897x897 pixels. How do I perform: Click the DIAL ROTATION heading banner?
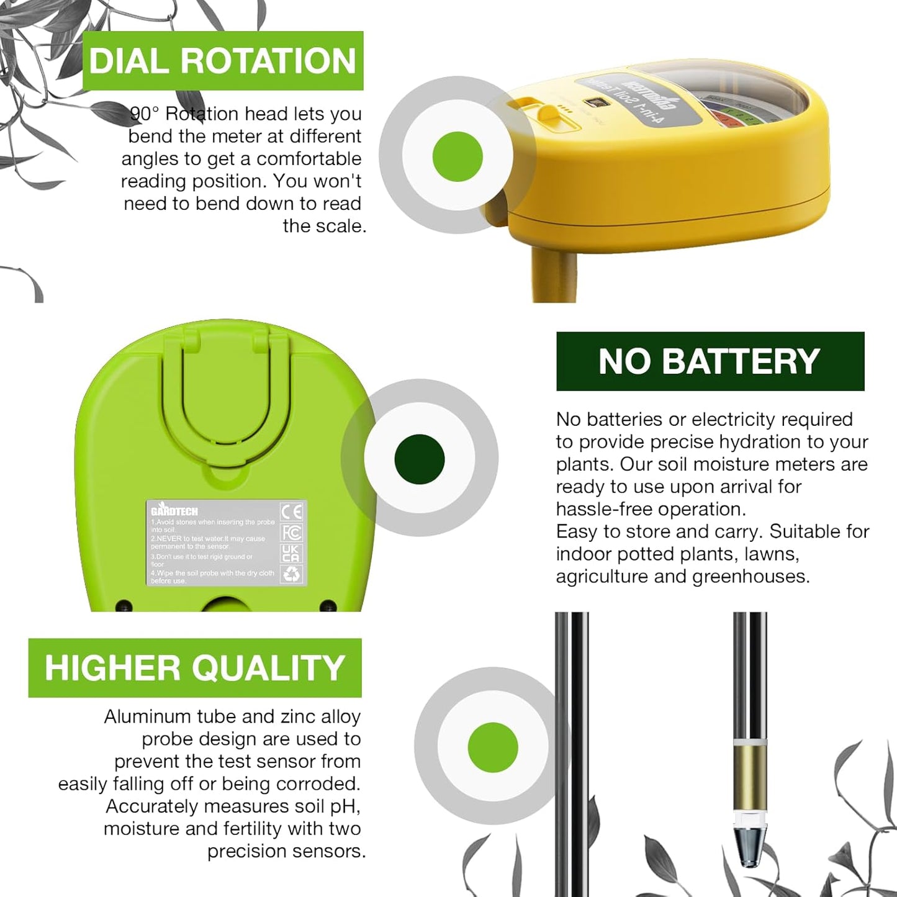(x=222, y=61)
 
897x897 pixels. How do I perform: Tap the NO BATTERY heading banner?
(x=710, y=361)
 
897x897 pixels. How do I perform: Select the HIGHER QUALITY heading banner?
(x=194, y=668)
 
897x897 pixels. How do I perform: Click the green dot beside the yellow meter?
(x=457, y=156)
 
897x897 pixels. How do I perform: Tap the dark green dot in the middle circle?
(x=420, y=459)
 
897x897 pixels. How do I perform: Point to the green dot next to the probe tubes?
(x=493, y=747)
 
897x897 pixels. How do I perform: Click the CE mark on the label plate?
(x=292, y=512)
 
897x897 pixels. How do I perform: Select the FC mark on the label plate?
(x=292, y=533)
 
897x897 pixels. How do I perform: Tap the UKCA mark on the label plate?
(x=291, y=553)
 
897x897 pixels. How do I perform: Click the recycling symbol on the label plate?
(x=291, y=574)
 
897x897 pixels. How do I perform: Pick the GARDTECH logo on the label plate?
(x=174, y=512)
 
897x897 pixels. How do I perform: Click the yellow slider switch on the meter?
(x=548, y=114)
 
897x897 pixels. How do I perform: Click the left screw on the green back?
(x=124, y=605)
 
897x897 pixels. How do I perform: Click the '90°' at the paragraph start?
(x=145, y=114)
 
